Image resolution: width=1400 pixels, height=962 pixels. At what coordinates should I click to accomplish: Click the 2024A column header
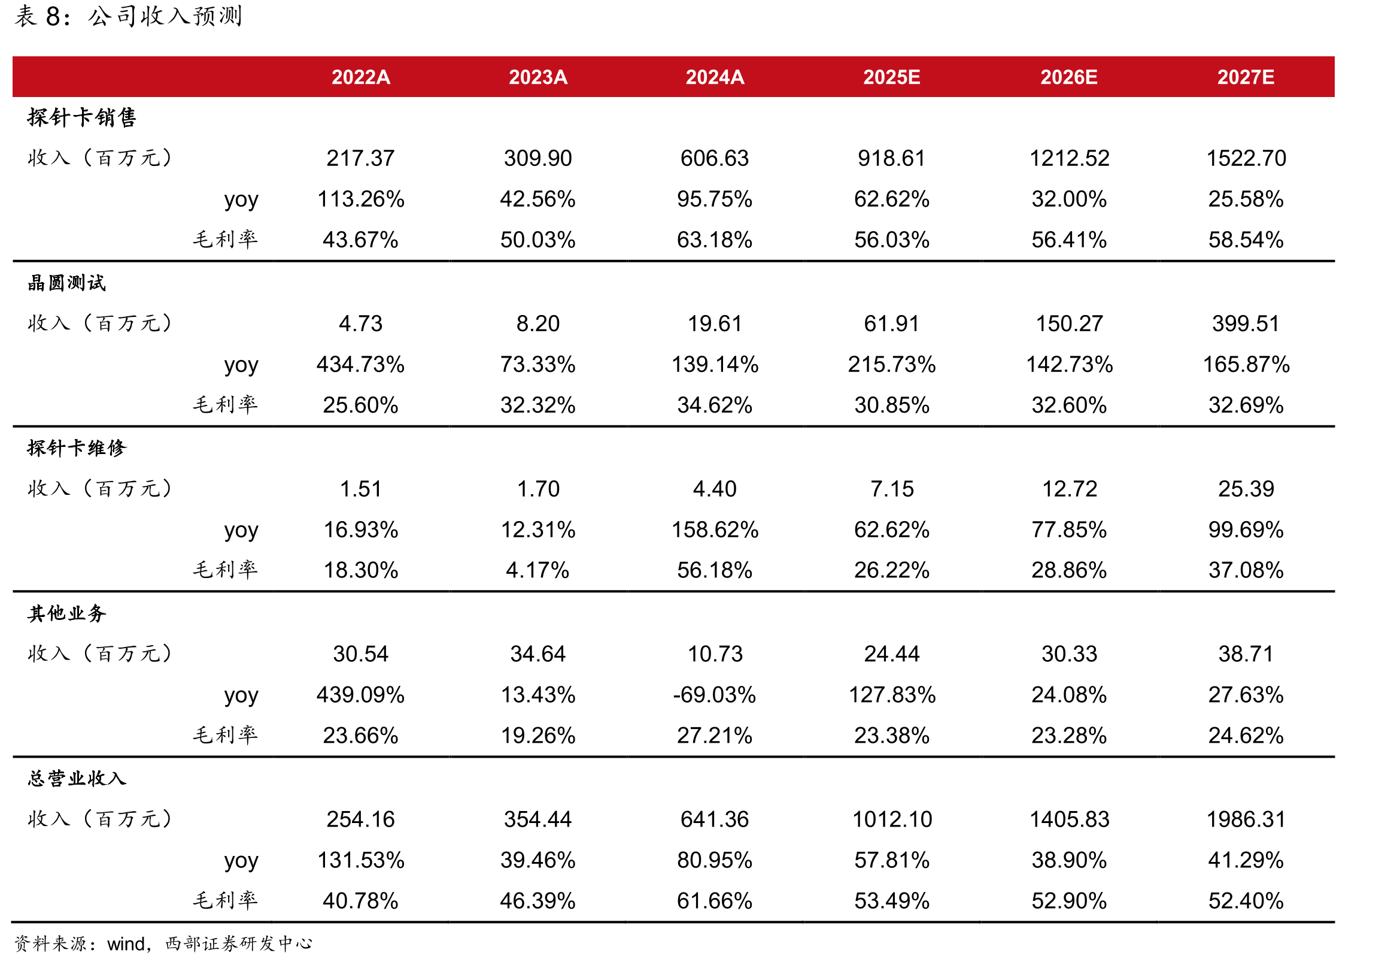[x=715, y=77]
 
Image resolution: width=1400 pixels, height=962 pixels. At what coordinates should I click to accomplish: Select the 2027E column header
[x=1246, y=77]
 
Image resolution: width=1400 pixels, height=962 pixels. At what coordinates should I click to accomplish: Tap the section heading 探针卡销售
[x=82, y=117]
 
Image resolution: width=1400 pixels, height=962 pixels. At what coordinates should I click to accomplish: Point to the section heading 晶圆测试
[x=67, y=283]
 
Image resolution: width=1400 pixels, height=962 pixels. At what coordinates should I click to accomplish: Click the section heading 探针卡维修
[x=77, y=448]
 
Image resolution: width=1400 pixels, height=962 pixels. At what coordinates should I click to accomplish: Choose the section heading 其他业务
[x=67, y=613]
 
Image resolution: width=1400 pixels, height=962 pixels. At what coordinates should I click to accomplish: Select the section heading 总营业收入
[x=77, y=778]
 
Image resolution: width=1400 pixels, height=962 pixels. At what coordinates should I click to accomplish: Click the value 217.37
[x=360, y=159]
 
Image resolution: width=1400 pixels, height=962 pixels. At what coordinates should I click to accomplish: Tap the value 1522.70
[x=1246, y=159]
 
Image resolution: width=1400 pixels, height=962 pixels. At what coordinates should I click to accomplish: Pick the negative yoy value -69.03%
[x=715, y=695]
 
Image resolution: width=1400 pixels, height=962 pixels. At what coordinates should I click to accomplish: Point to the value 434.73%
[x=360, y=365]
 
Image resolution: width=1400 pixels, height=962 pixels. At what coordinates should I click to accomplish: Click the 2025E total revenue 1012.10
[x=892, y=819]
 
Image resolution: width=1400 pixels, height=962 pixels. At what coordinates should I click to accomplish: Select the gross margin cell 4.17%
[x=537, y=570]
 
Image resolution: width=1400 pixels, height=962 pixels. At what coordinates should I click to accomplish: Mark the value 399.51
[x=1246, y=323]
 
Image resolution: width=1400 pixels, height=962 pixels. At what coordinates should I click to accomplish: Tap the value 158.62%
[x=715, y=530]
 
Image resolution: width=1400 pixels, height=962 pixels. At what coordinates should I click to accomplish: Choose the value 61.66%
[x=715, y=901]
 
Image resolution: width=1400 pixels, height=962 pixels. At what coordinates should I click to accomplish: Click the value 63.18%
[x=715, y=240]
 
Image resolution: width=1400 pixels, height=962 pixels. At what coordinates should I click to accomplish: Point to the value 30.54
[x=361, y=654]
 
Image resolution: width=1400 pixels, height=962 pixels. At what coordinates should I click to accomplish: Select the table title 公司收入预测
[x=165, y=16]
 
